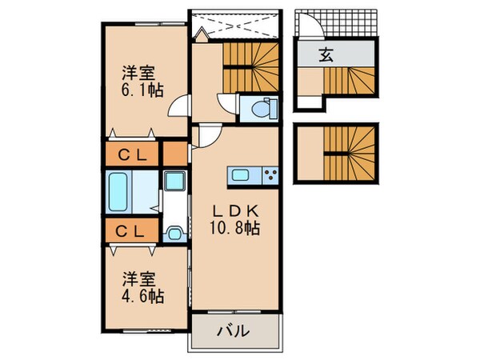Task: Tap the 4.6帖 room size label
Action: pos(143,297)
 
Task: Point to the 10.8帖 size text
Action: pos(234,227)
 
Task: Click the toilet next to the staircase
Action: pos(259,110)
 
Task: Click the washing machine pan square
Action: pos(173,183)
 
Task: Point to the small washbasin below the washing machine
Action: pos(173,233)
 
